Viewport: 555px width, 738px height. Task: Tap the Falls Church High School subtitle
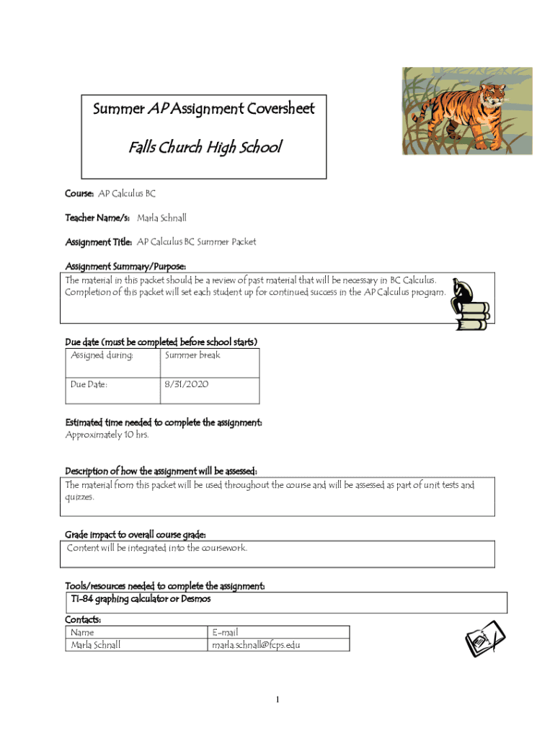coord(205,148)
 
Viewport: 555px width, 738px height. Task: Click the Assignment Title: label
coord(99,241)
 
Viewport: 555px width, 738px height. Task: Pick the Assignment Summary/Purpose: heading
coord(126,266)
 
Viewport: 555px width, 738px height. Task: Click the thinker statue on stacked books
coord(468,304)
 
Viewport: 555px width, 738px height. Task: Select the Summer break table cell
coord(192,355)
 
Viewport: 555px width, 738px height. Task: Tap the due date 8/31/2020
coord(187,385)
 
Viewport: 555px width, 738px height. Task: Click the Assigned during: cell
coord(102,355)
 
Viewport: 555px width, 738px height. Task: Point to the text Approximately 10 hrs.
coord(107,435)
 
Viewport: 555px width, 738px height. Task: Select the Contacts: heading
coord(83,620)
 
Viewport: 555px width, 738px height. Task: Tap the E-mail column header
coord(225,633)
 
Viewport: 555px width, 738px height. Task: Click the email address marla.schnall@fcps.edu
coord(256,645)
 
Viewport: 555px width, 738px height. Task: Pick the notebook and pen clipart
coord(484,639)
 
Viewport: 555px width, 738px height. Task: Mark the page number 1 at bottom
coord(277,700)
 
